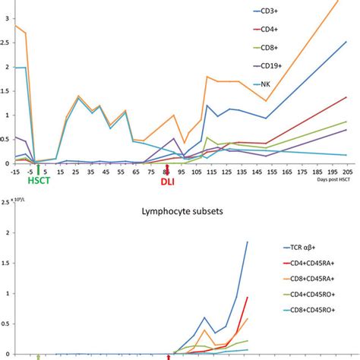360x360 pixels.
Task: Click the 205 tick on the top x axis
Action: tap(346, 171)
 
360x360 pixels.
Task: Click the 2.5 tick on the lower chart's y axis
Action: tap(7, 202)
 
